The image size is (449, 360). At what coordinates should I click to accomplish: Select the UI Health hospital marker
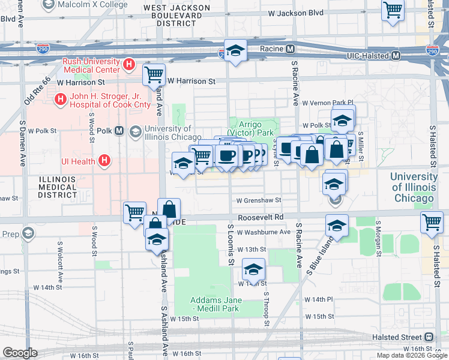click(104, 160)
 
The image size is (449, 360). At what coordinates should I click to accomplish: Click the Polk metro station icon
click(119, 130)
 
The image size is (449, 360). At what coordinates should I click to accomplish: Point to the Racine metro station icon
click(290, 49)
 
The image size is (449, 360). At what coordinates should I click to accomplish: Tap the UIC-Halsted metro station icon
click(396, 55)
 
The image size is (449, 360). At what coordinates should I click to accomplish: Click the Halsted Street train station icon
click(429, 337)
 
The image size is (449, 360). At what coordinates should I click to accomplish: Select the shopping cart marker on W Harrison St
click(154, 74)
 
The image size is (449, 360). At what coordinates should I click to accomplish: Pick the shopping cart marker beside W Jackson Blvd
click(393, 10)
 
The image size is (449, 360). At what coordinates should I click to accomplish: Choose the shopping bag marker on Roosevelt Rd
click(169, 209)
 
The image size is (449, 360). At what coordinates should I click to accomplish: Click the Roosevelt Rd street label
click(260, 218)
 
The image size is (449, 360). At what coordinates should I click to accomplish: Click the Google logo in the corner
click(20, 352)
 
